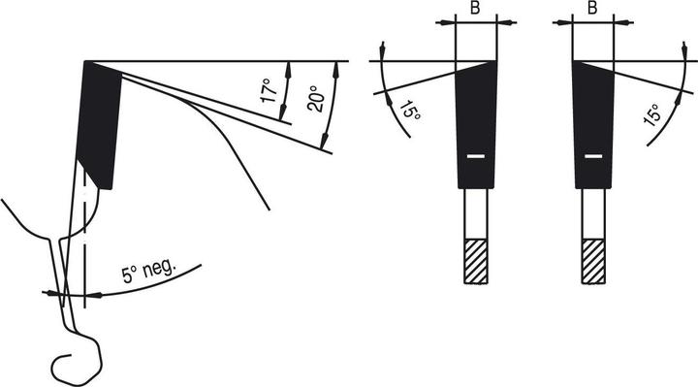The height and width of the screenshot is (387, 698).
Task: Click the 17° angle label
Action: [270, 89]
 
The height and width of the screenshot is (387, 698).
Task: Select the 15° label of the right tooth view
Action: [652, 115]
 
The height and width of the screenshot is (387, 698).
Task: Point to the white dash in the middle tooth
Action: [474, 155]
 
